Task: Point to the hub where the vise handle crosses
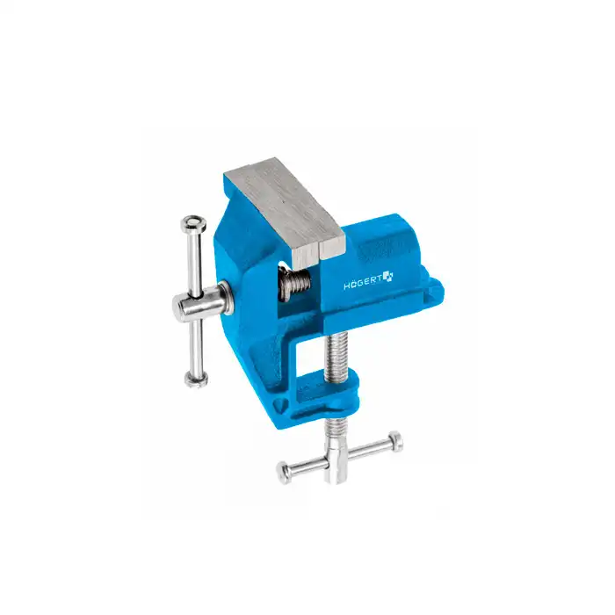click(191, 305)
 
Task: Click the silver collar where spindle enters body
click(226, 299)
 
